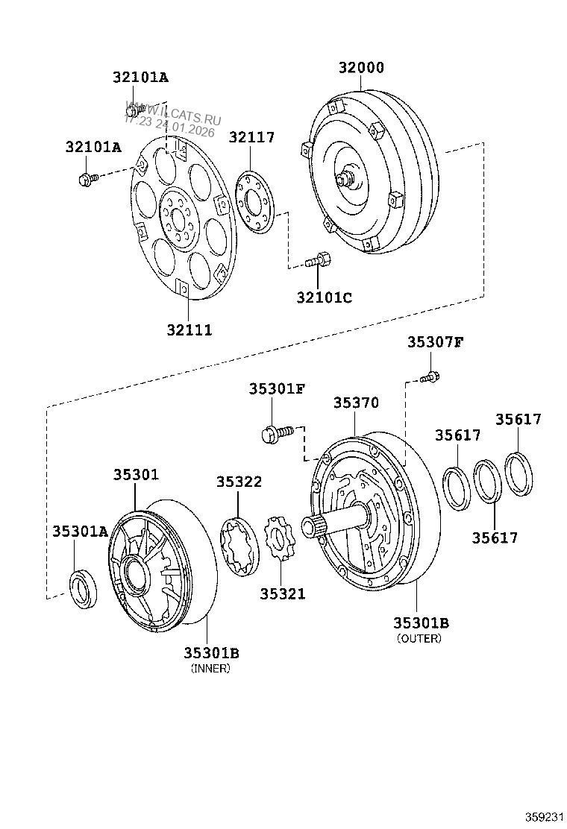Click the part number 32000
pos(361,68)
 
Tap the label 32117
pos(251,137)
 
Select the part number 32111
pos(188,330)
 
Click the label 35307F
pos(435,342)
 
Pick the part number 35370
pos(356,403)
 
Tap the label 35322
pos(239,482)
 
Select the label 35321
pos(282,593)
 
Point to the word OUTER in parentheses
pos(419,638)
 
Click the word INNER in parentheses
pos(210,669)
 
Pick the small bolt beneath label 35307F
pos(428,378)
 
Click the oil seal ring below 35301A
pos(83,585)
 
